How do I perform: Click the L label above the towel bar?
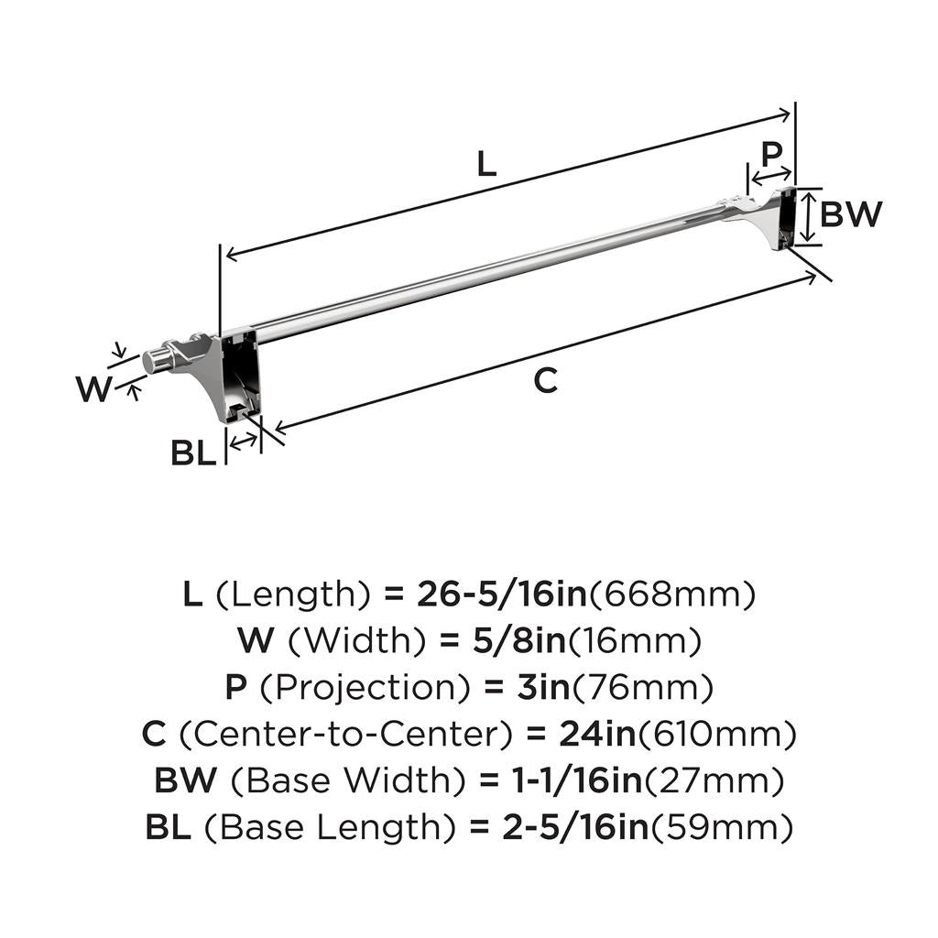486,164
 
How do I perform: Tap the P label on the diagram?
772,151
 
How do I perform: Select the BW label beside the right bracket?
851,214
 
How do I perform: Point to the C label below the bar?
545,380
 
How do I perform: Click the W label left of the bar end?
93,389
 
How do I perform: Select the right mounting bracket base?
785,218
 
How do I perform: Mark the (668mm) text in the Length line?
672,595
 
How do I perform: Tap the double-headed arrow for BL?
244,442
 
